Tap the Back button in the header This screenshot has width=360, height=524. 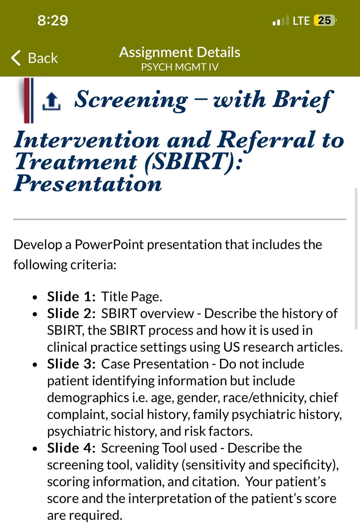click(x=34, y=58)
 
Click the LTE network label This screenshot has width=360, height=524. click(x=301, y=21)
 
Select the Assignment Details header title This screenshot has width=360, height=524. click(x=180, y=52)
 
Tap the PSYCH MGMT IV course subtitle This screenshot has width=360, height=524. click(x=180, y=67)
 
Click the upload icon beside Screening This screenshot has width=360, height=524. click(x=51, y=101)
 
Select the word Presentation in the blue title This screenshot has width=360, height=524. click(x=88, y=183)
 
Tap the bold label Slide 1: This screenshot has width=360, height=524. click(x=71, y=297)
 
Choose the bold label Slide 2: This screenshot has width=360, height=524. click(x=71, y=313)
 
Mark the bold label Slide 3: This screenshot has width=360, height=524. click(x=71, y=364)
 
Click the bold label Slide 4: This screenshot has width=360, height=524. click(x=71, y=448)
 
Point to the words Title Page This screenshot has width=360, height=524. click(x=131, y=297)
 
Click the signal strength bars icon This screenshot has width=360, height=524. click(x=281, y=21)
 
